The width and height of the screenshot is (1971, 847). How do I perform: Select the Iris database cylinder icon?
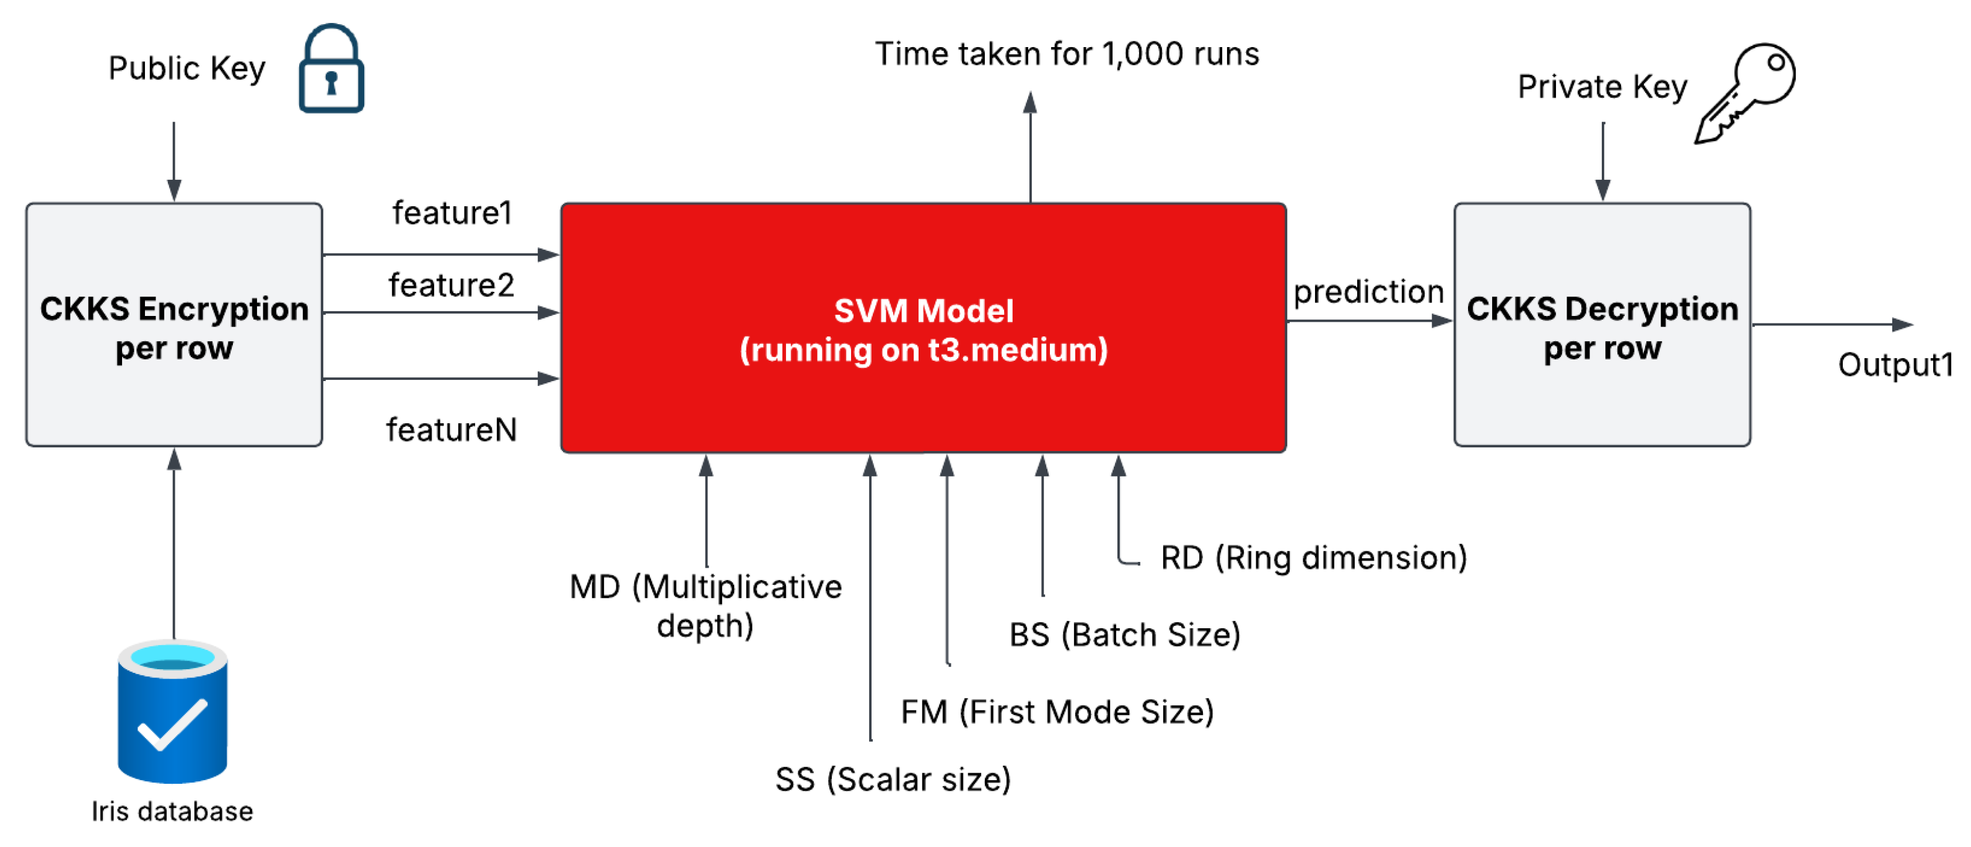172,711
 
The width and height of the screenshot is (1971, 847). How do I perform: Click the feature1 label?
452,213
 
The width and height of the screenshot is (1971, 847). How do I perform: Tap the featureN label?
452,429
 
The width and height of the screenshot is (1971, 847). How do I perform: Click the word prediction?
1368,291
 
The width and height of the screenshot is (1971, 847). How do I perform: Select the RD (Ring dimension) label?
1313,557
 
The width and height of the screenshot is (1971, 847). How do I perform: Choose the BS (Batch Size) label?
1125,634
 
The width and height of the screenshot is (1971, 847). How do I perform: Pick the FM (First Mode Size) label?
1057,711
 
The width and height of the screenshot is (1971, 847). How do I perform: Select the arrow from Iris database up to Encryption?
175,543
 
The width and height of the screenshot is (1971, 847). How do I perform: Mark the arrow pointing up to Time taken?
1031,146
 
